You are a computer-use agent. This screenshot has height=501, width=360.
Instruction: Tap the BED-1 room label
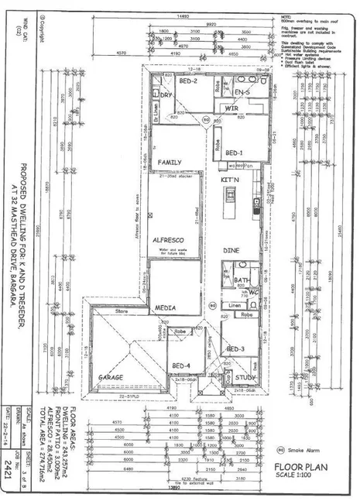(x=235, y=153)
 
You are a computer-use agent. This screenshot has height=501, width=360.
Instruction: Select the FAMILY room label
(x=170, y=162)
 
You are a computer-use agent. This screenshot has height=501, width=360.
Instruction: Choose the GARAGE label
(x=110, y=376)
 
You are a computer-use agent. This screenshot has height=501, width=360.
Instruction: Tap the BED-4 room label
(x=180, y=365)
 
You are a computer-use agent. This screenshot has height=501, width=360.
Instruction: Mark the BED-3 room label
(x=236, y=349)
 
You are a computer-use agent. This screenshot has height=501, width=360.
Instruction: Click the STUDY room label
(x=246, y=377)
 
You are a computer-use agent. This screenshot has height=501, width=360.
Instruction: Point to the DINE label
(x=231, y=251)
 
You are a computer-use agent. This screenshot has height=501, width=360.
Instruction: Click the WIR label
(x=230, y=108)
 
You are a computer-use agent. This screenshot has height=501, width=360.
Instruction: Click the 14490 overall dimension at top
(x=183, y=16)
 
